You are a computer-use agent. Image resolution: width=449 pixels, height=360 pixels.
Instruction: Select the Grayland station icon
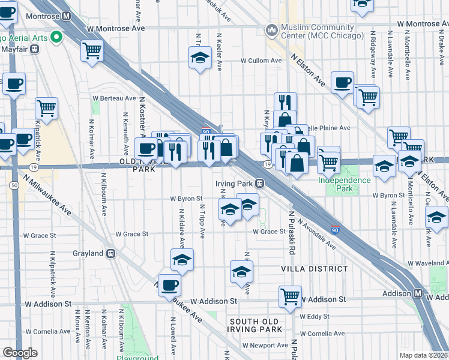(111, 254)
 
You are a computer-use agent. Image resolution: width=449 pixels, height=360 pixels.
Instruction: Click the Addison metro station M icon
(420, 293)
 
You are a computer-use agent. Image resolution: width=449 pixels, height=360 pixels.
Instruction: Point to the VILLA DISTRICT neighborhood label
(315, 269)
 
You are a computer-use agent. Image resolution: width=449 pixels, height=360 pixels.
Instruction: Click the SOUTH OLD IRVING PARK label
(255, 326)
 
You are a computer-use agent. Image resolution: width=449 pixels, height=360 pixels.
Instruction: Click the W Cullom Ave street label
(261, 61)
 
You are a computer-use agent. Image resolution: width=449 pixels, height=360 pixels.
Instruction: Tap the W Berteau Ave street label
(114, 98)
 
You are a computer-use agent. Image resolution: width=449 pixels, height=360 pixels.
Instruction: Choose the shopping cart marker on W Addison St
(290, 295)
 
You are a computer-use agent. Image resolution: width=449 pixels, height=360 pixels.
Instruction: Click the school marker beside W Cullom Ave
(200, 58)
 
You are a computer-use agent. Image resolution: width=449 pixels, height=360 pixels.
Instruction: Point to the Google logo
(20, 353)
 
